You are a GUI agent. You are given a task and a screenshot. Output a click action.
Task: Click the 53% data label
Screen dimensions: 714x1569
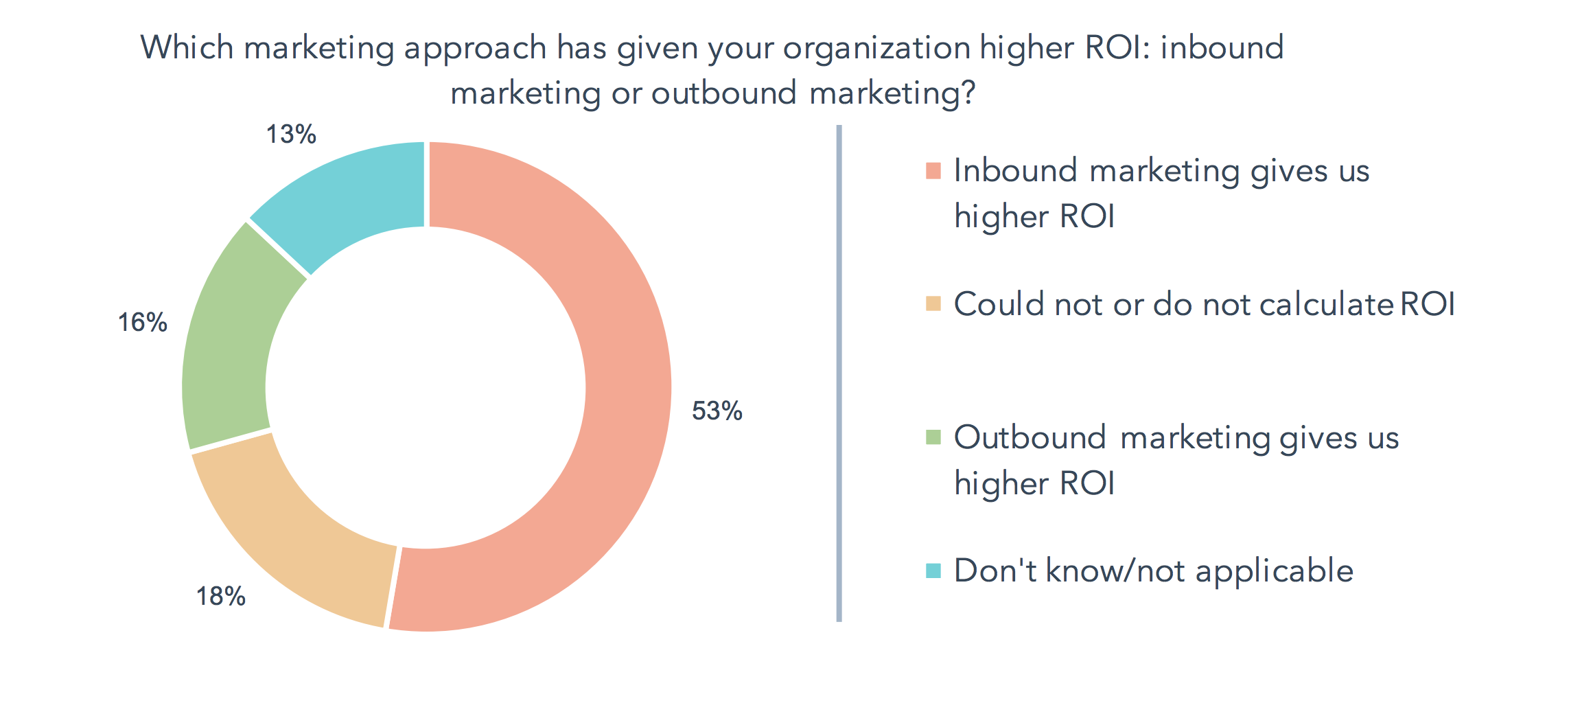click(x=717, y=411)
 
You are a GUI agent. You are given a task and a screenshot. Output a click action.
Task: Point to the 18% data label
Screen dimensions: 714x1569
click(x=220, y=596)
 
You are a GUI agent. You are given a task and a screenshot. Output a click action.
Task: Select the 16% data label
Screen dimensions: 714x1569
click(x=142, y=322)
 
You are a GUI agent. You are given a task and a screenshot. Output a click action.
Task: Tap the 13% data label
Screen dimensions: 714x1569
click(x=291, y=134)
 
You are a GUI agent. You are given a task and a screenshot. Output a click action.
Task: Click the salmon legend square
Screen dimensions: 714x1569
click(x=933, y=171)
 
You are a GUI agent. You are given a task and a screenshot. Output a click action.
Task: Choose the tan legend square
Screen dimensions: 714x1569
click(x=933, y=303)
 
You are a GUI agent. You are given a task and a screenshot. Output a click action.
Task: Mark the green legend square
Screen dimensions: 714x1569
click(x=933, y=437)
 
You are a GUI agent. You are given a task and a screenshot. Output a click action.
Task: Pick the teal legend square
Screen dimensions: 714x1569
click(x=933, y=571)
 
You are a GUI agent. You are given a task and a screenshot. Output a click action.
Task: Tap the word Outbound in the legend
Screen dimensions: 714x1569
click(x=1030, y=437)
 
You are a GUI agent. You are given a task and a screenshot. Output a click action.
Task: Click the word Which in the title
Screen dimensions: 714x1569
click(x=187, y=47)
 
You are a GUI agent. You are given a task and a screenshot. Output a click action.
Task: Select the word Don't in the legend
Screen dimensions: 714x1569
click(x=995, y=571)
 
